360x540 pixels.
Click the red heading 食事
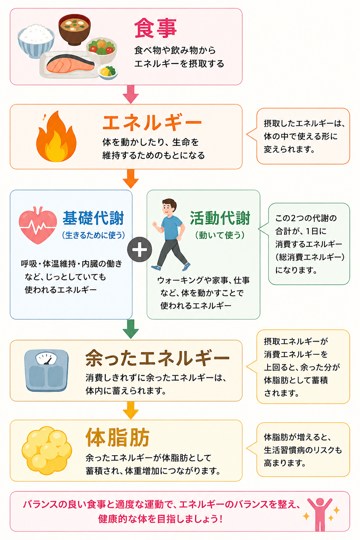(155, 28)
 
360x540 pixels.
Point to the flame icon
(56, 136)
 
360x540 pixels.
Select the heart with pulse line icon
(38, 225)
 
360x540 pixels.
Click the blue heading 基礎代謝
(93, 218)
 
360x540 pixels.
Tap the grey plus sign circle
(140, 249)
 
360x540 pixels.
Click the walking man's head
(168, 206)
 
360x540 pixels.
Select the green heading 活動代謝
(220, 218)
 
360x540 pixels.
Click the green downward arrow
(131, 329)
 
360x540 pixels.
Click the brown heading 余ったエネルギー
(157, 358)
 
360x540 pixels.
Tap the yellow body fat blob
(47, 450)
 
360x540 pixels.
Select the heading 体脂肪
(118, 438)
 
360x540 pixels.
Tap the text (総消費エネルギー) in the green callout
(310, 257)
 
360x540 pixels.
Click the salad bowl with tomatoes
(102, 50)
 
